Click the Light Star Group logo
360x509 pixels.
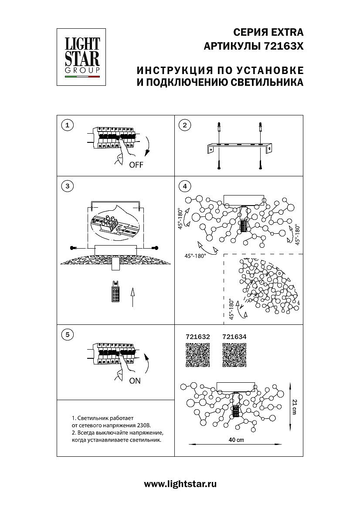tap(82, 57)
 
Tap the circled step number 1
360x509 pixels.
tap(67, 125)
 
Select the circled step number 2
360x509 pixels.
tap(185, 125)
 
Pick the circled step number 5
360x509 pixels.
tap(67, 334)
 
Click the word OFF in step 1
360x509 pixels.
tap(136, 165)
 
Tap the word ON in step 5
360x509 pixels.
tap(135, 381)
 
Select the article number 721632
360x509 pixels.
tap(198, 337)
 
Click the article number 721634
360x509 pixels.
tap(234, 337)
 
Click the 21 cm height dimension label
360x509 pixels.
tap(295, 407)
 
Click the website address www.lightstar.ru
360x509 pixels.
tap(180, 484)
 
